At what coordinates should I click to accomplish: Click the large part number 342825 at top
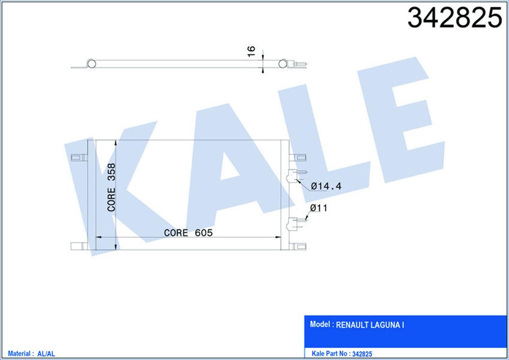click(455, 17)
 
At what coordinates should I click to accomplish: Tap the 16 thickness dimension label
click(251, 51)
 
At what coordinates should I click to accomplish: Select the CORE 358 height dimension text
click(111, 187)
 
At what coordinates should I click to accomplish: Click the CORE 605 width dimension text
click(188, 233)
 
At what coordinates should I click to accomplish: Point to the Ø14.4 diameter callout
click(326, 186)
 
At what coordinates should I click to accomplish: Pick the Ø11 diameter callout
click(319, 208)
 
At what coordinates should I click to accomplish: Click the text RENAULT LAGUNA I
click(370, 325)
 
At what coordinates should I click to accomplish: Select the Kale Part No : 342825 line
click(342, 354)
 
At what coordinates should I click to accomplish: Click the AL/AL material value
click(46, 354)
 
